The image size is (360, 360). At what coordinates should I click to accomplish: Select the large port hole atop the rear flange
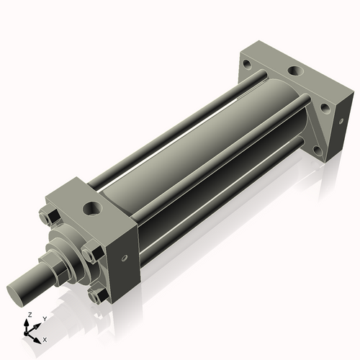click(x=295, y=71)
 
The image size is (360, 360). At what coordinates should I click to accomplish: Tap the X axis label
click(x=45, y=338)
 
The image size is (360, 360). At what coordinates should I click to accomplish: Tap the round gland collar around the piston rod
click(x=72, y=248)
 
